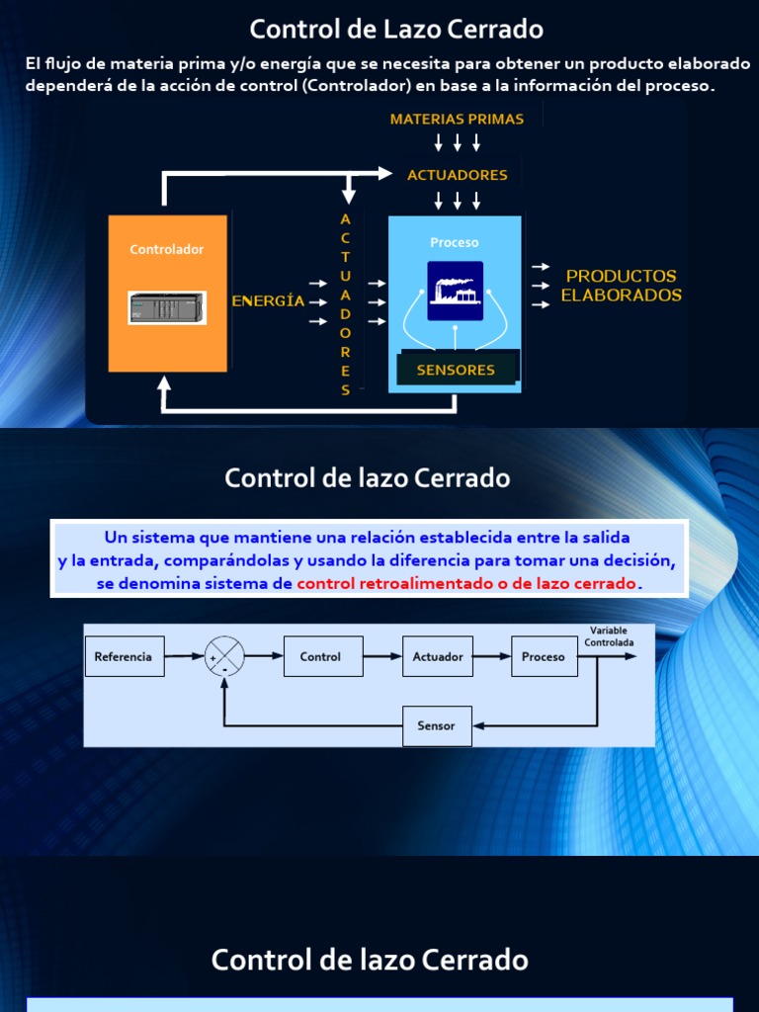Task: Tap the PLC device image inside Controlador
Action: tap(167, 307)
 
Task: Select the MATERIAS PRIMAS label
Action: tap(457, 119)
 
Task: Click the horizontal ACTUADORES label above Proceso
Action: tap(457, 175)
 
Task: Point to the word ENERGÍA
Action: tap(268, 301)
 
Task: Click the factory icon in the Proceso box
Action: tap(455, 291)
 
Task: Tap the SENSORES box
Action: tap(456, 370)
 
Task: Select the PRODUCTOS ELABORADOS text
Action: tap(621, 286)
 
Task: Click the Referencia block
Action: tap(124, 656)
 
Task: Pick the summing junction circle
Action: tap(224, 656)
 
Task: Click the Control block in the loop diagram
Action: tap(320, 656)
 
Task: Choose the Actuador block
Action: tap(438, 656)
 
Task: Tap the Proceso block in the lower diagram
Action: tap(544, 656)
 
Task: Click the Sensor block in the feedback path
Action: tap(437, 725)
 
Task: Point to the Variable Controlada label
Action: tap(609, 636)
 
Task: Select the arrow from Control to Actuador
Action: tap(381, 656)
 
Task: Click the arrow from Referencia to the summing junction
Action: tap(184, 656)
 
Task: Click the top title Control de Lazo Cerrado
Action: tap(396, 29)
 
